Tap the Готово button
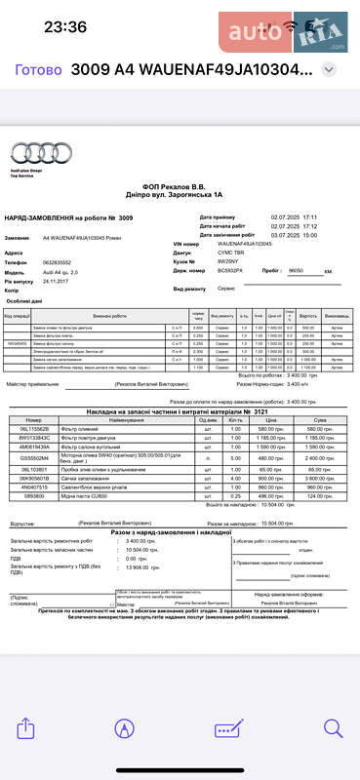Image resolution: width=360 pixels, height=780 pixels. coord(27,70)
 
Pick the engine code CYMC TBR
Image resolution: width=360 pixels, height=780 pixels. coord(232,253)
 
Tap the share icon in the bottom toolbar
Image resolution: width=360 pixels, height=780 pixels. coord(27,727)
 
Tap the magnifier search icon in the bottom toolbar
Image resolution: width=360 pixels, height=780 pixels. coord(333,727)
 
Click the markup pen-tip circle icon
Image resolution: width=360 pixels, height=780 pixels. coord(124,727)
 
